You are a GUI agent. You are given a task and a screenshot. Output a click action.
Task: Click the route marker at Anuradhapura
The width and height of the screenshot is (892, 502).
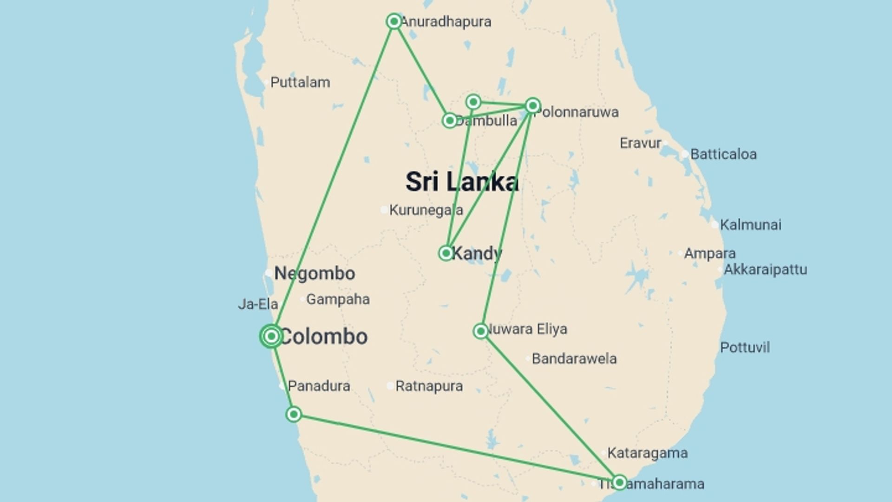pos(394,21)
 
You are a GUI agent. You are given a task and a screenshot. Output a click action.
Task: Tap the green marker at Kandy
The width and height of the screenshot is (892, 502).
pos(446,253)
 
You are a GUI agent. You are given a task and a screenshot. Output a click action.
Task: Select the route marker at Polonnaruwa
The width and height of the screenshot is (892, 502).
pos(533,106)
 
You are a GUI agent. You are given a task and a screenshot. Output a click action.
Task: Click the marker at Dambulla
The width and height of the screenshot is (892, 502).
pos(449,121)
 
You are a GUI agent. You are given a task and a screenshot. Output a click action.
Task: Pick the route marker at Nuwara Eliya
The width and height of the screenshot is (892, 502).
pos(481,331)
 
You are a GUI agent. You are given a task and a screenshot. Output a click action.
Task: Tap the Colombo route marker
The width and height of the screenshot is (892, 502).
pos(271,336)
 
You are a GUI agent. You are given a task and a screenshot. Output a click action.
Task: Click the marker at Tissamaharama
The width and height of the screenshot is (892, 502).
pos(619,482)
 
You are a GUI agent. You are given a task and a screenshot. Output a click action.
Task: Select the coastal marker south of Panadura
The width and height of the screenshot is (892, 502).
pos(294,414)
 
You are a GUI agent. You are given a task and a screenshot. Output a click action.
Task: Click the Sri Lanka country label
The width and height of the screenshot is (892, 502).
pos(462,182)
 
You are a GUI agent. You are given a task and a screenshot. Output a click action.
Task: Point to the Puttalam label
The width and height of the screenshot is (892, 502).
pos(300,83)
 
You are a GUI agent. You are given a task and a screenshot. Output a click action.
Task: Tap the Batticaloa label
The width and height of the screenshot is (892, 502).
pos(723,154)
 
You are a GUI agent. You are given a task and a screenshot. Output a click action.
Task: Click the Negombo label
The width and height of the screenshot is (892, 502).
pos(315,273)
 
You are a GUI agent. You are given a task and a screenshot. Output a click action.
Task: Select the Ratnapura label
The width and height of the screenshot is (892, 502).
pos(429,386)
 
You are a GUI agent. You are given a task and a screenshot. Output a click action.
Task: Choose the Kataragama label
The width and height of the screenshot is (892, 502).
pos(647,453)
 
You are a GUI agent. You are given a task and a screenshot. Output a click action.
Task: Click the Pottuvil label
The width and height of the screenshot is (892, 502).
pos(745,348)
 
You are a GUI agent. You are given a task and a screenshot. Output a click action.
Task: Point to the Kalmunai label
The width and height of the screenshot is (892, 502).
pos(750,225)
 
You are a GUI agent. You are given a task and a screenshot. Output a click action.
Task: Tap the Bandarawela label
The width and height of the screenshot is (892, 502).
pos(574,359)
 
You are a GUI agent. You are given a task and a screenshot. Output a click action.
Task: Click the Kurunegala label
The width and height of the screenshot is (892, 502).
pos(426,211)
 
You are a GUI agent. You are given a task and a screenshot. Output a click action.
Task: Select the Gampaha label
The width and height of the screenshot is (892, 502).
pos(338,299)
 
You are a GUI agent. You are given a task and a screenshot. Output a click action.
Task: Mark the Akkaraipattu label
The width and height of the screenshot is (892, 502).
pos(765,270)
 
